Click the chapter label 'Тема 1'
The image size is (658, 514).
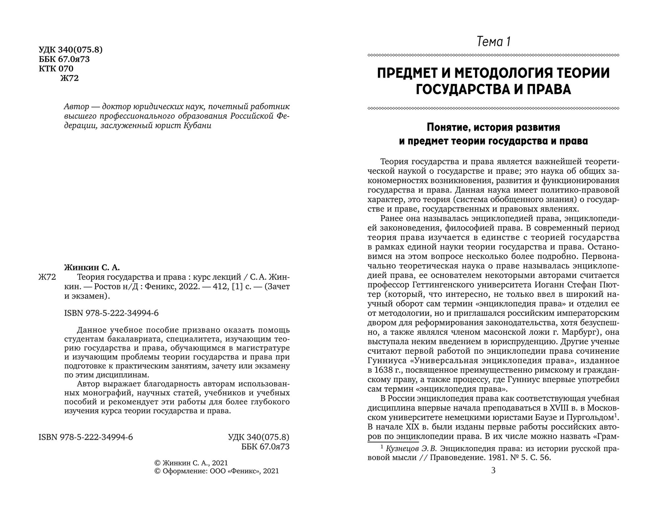pos(493,42)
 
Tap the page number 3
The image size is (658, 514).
pos(493,470)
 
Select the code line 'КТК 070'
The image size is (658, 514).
pos(56,69)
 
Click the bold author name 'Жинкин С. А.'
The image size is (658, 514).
pos(92,267)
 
